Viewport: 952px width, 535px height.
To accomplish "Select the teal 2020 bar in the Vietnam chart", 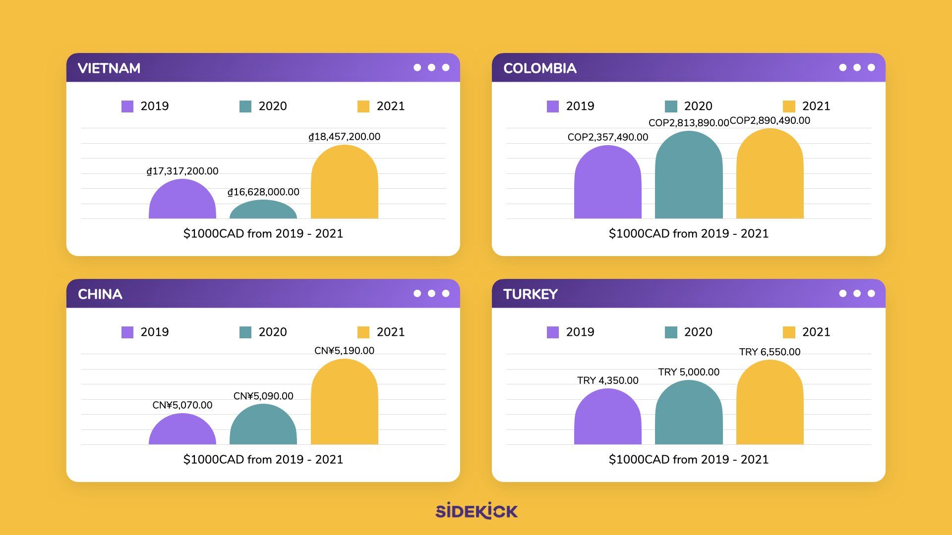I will coord(263,210).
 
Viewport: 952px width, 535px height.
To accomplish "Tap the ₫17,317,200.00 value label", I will coord(182,171).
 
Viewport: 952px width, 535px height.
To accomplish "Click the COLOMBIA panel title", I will coord(539,68).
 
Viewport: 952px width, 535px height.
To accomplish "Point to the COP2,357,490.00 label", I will coord(607,137).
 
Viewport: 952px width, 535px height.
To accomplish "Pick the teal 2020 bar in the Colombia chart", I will coord(689,176).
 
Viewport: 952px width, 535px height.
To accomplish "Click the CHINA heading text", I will coord(100,294).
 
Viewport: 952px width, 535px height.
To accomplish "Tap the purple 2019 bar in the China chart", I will coord(182,430).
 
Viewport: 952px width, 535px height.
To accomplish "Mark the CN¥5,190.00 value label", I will coord(344,351).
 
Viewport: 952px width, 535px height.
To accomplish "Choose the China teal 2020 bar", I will coord(263,425).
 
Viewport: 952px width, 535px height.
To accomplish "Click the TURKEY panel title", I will coord(531,294).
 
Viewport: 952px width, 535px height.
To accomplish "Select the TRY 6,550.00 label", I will coord(770,352).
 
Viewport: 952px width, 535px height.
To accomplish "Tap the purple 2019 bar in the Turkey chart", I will coord(607,417).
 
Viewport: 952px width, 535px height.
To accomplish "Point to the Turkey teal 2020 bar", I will coord(689,413).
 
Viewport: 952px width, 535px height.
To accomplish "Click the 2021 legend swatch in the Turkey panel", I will coord(788,332).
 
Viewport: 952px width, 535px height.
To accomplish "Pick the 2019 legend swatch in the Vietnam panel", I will coord(127,107).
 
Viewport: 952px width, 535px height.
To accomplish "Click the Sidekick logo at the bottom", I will coord(476,511).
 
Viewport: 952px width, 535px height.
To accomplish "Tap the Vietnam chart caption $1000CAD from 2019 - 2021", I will coord(263,234).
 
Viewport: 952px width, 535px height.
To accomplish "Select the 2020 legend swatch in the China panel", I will coord(245,332).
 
